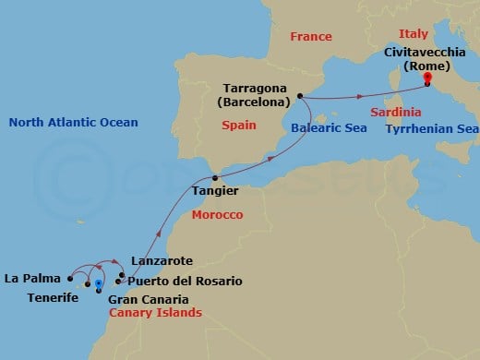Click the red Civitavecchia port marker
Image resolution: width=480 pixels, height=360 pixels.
coord(427,78)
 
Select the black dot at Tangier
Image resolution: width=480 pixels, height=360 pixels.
coord(216,177)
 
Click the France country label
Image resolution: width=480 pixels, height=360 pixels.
coord(310,37)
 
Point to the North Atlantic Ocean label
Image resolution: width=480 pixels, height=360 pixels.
coord(73,123)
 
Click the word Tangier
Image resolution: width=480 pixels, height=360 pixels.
coord(214,191)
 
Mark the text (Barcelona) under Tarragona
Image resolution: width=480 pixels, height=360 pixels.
coord(251,100)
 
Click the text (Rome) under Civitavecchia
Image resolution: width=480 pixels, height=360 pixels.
coord(426,66)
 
